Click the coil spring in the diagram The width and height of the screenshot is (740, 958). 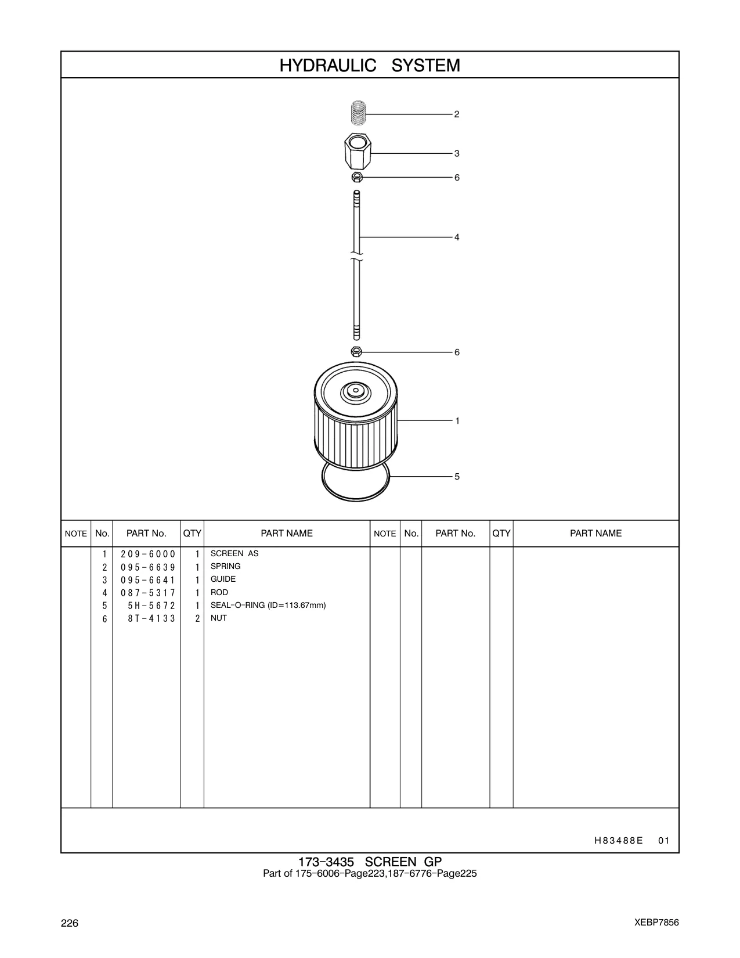click(358, 113)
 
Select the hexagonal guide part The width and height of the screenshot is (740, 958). click(358, 151)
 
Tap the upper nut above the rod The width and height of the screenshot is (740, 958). click(357, 177)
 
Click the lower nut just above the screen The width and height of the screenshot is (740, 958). click(356, 352)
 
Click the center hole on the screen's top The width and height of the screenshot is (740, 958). click(355, 391)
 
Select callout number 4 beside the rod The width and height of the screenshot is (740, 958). click(457, 237)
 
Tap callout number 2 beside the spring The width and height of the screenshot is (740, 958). click(457, 114)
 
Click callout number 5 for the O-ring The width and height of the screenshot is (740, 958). click(457, 477)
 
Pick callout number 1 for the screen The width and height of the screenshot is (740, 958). click(457, 421)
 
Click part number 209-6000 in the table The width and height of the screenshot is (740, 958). click(148, 554)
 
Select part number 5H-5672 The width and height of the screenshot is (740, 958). click(151, 606)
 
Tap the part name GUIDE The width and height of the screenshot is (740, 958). click(223, 579)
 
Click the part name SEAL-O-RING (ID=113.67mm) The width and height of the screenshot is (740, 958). click(268, 606)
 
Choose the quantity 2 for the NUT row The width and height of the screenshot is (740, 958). click(197, 619)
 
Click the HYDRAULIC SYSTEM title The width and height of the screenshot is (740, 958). click(370, 65)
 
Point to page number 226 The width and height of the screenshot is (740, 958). click(70, 923)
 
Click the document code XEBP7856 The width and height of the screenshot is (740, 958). click(656, 922)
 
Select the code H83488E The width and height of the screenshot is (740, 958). click(618, 841)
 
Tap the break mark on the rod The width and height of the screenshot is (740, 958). click(356, 257)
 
